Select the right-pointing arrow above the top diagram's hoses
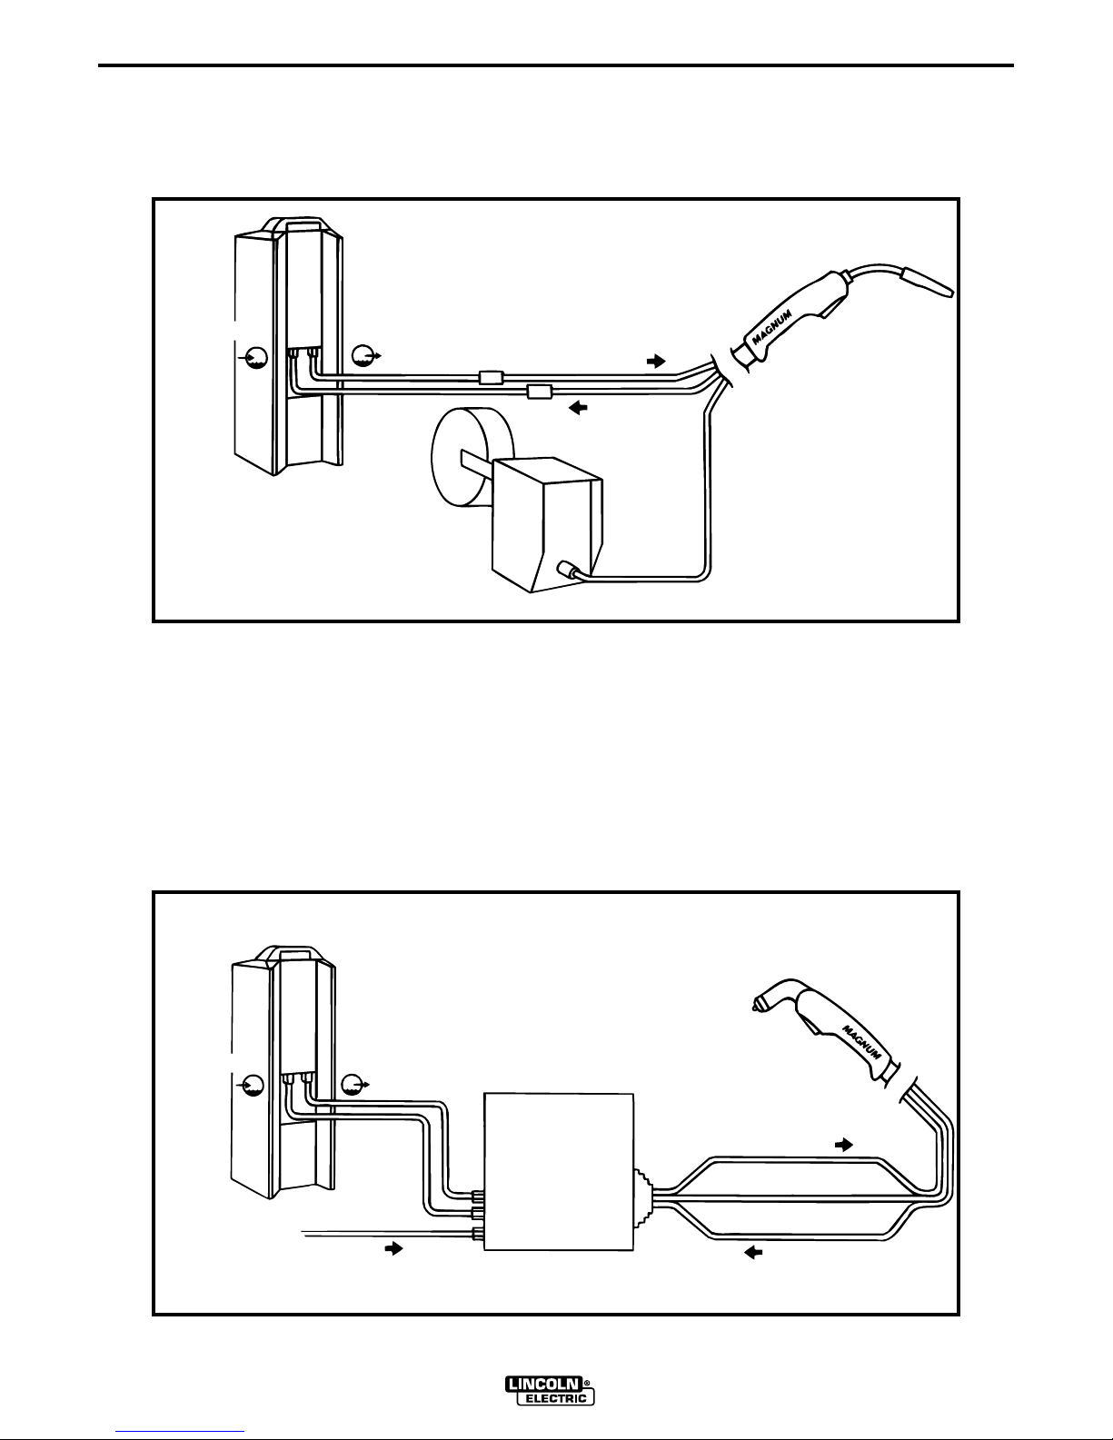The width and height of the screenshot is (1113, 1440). coord(655,361)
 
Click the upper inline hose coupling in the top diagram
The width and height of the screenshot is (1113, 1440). coord(491,377)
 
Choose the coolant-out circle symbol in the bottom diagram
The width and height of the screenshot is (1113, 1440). coord(353,1082)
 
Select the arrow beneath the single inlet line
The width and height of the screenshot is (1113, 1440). coord(393,1249)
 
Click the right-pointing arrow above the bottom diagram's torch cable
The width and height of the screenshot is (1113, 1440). coord(844,1144)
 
